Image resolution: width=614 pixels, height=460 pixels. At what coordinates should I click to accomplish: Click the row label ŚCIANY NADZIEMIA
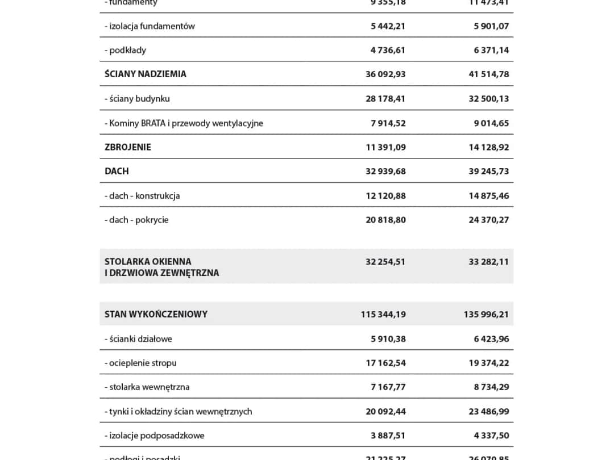click(146, 74)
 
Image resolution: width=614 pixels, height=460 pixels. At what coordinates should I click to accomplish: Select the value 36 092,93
click(385, 74)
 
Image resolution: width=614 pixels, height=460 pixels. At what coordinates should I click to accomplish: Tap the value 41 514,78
click(488, 74)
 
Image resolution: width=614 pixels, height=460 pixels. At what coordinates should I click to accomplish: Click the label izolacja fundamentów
click(150, 26)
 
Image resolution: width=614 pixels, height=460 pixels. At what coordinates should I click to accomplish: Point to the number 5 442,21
click(388, 26)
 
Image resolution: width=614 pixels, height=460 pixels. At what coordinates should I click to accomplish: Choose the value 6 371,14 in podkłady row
click(491, 50)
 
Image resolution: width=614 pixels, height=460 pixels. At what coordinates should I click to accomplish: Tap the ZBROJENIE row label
click(128, 147)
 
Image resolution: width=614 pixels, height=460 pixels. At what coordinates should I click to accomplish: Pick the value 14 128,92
click(488, 147)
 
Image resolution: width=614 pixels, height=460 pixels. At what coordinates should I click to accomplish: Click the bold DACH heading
click(117, 171)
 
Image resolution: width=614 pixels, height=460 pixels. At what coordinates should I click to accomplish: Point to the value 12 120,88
click(385, 196)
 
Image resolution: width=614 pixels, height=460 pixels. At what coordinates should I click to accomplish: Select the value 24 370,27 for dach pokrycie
click(488, 220)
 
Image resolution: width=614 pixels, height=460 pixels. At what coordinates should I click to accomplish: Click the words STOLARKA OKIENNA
click(148, 262)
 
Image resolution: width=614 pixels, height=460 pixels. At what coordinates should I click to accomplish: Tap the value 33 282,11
click(488, 262)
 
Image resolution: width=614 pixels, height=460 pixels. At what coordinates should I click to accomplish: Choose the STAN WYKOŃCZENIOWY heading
click(156, 314)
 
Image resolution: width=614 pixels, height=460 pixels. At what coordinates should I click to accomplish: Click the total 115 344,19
click(383, 314)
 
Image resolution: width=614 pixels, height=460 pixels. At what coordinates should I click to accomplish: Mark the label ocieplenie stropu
click(140, 363)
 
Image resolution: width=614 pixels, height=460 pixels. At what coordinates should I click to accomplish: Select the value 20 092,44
click(385, 412)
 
